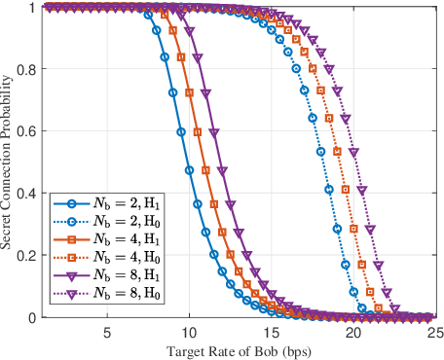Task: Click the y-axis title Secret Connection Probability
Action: [x=9, y=162]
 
